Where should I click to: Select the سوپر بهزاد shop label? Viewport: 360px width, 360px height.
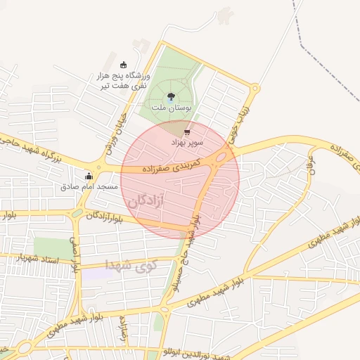click(x=187, y=143)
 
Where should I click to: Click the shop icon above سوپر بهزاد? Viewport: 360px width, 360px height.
click(x=187, y=131)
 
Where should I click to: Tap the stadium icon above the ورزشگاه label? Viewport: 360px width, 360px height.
click(x=124, y=65)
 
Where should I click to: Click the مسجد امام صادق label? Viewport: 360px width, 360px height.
click(x=88, y=187)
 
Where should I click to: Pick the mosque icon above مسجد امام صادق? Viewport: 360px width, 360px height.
click(x=89, y=176)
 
